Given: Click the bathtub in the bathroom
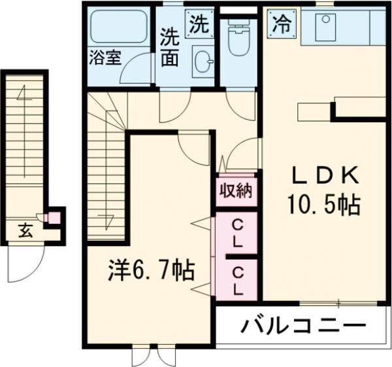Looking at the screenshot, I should pyautogui.click(x=120, y=27).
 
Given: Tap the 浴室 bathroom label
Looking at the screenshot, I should pyautogui.click(x=105, y=57).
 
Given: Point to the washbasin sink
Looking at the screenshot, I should pyautogui.click(x=203, y=63).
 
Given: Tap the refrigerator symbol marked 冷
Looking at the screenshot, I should pyautogui.click(x=281, y=24).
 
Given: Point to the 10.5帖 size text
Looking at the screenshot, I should pyautogui.click(x=325, y=206).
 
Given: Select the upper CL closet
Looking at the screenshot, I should pyautogui.click(x=236, y=234).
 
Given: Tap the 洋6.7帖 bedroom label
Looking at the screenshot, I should pyautogui.click(x=150, y=270).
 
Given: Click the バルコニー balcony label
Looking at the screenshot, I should pyautogui.click(x=301, y=325).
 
